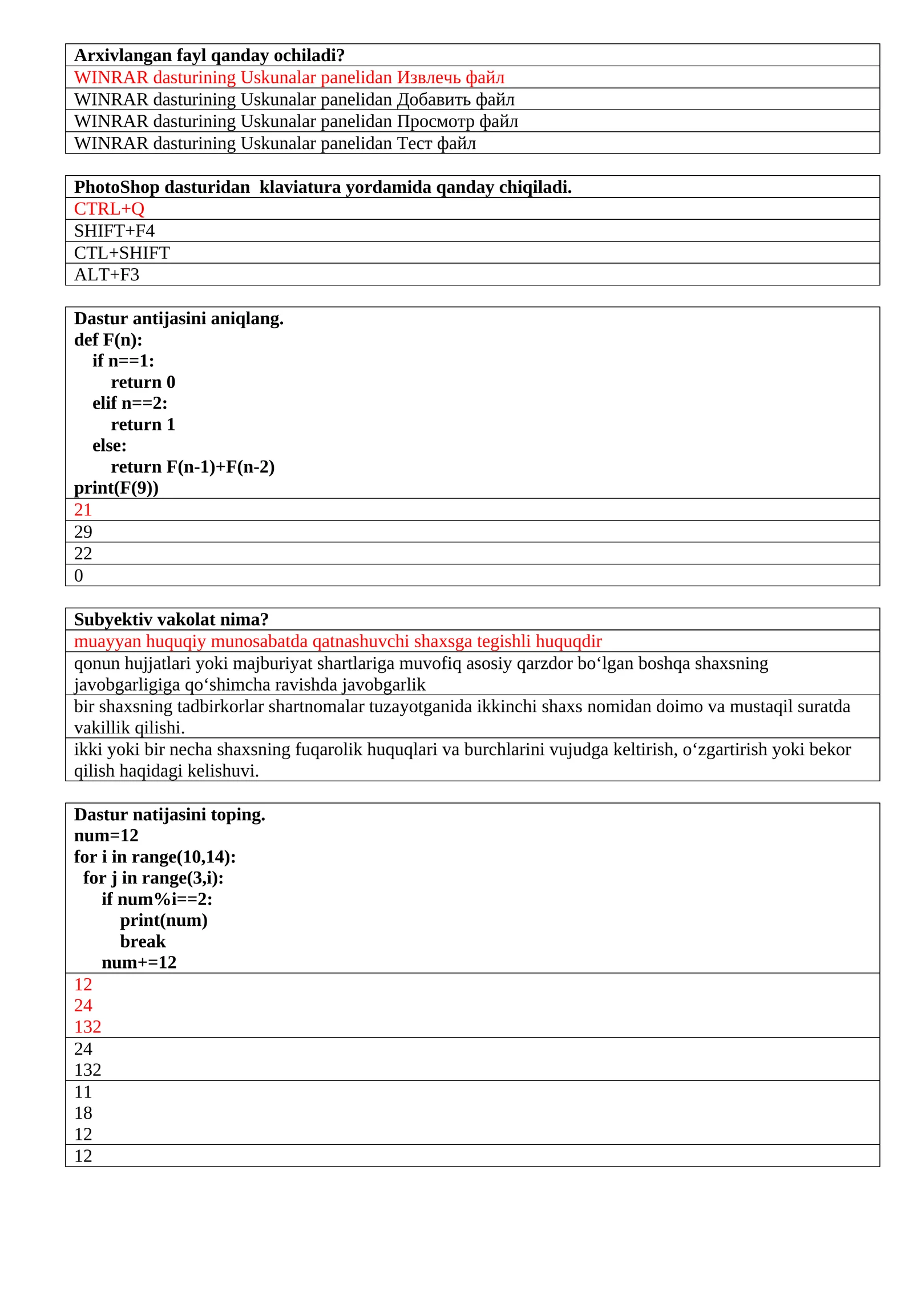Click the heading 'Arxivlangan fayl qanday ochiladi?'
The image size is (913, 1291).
[209, 55]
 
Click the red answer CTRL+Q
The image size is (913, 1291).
[109, 209]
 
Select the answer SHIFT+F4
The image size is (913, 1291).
[114, 231]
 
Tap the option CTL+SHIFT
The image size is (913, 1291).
[122, 253]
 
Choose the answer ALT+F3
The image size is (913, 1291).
[106, 275]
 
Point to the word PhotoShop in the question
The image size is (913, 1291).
[116, 187]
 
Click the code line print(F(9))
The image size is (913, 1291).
[116, 488]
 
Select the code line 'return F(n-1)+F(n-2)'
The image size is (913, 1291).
[192, 467]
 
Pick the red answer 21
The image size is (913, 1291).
[83, 510]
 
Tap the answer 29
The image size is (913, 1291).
[83, 532]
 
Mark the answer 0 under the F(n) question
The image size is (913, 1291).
[79, 575]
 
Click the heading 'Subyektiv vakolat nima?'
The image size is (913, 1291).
[171, 619]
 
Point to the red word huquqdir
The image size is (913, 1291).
[568, 642]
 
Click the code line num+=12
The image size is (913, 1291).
[139, 962]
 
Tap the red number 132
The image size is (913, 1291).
[87, 1027]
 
